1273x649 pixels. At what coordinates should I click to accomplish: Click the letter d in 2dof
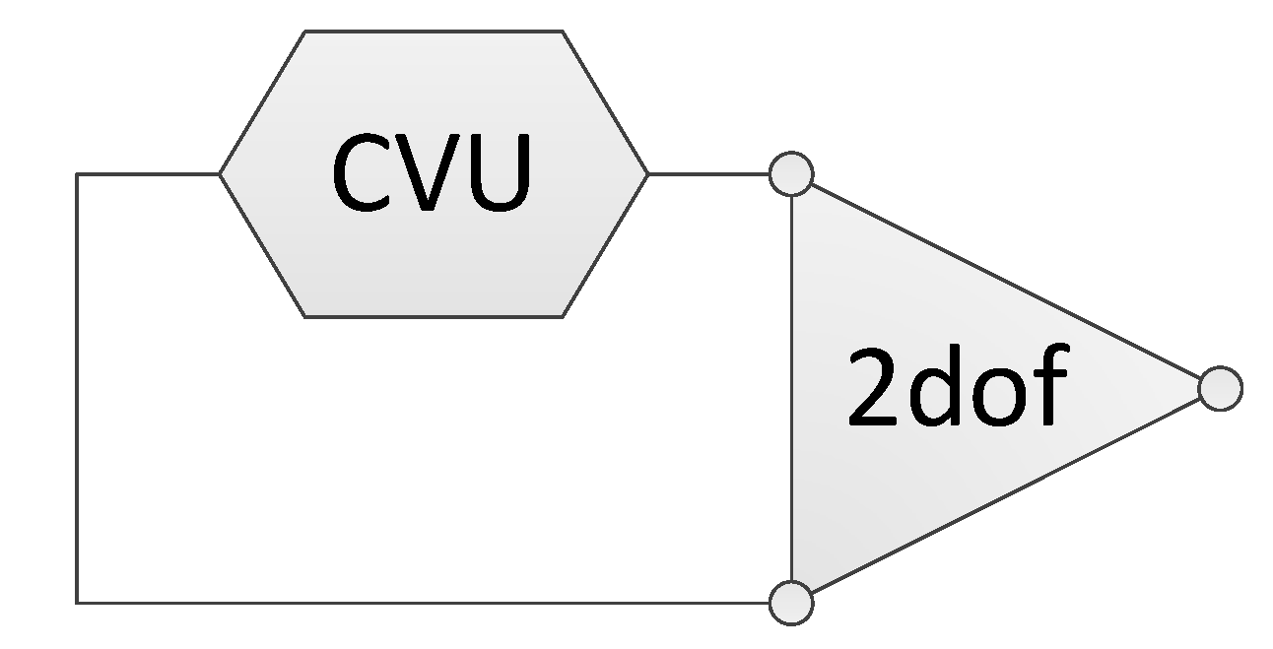pyautogui.click(x=936, y=387)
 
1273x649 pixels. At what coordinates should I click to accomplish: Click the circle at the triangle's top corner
pyautogui.click(x=791, y=175)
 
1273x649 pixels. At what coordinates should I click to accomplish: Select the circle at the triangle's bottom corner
pyautogui.click(x=791, y=602)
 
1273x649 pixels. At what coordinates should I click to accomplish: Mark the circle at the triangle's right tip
pyautogui.click(x=1220, y=388)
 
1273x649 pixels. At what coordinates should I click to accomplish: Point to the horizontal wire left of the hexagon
pyautogui.click(x=148, y=174)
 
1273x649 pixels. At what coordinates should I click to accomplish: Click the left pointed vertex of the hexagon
pyautogui.click(x=220, y=174)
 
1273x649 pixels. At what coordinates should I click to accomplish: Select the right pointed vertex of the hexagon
pyautogui.click(x=647, y=174)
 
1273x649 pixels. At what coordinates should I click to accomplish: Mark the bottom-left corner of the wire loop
pyautogui.click(x=77, y=602)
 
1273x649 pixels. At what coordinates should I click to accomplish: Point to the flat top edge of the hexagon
pyautogui.click(x=434, y=32)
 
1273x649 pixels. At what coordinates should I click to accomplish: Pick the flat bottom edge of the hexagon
pyautogui.click(x=434, y=316)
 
